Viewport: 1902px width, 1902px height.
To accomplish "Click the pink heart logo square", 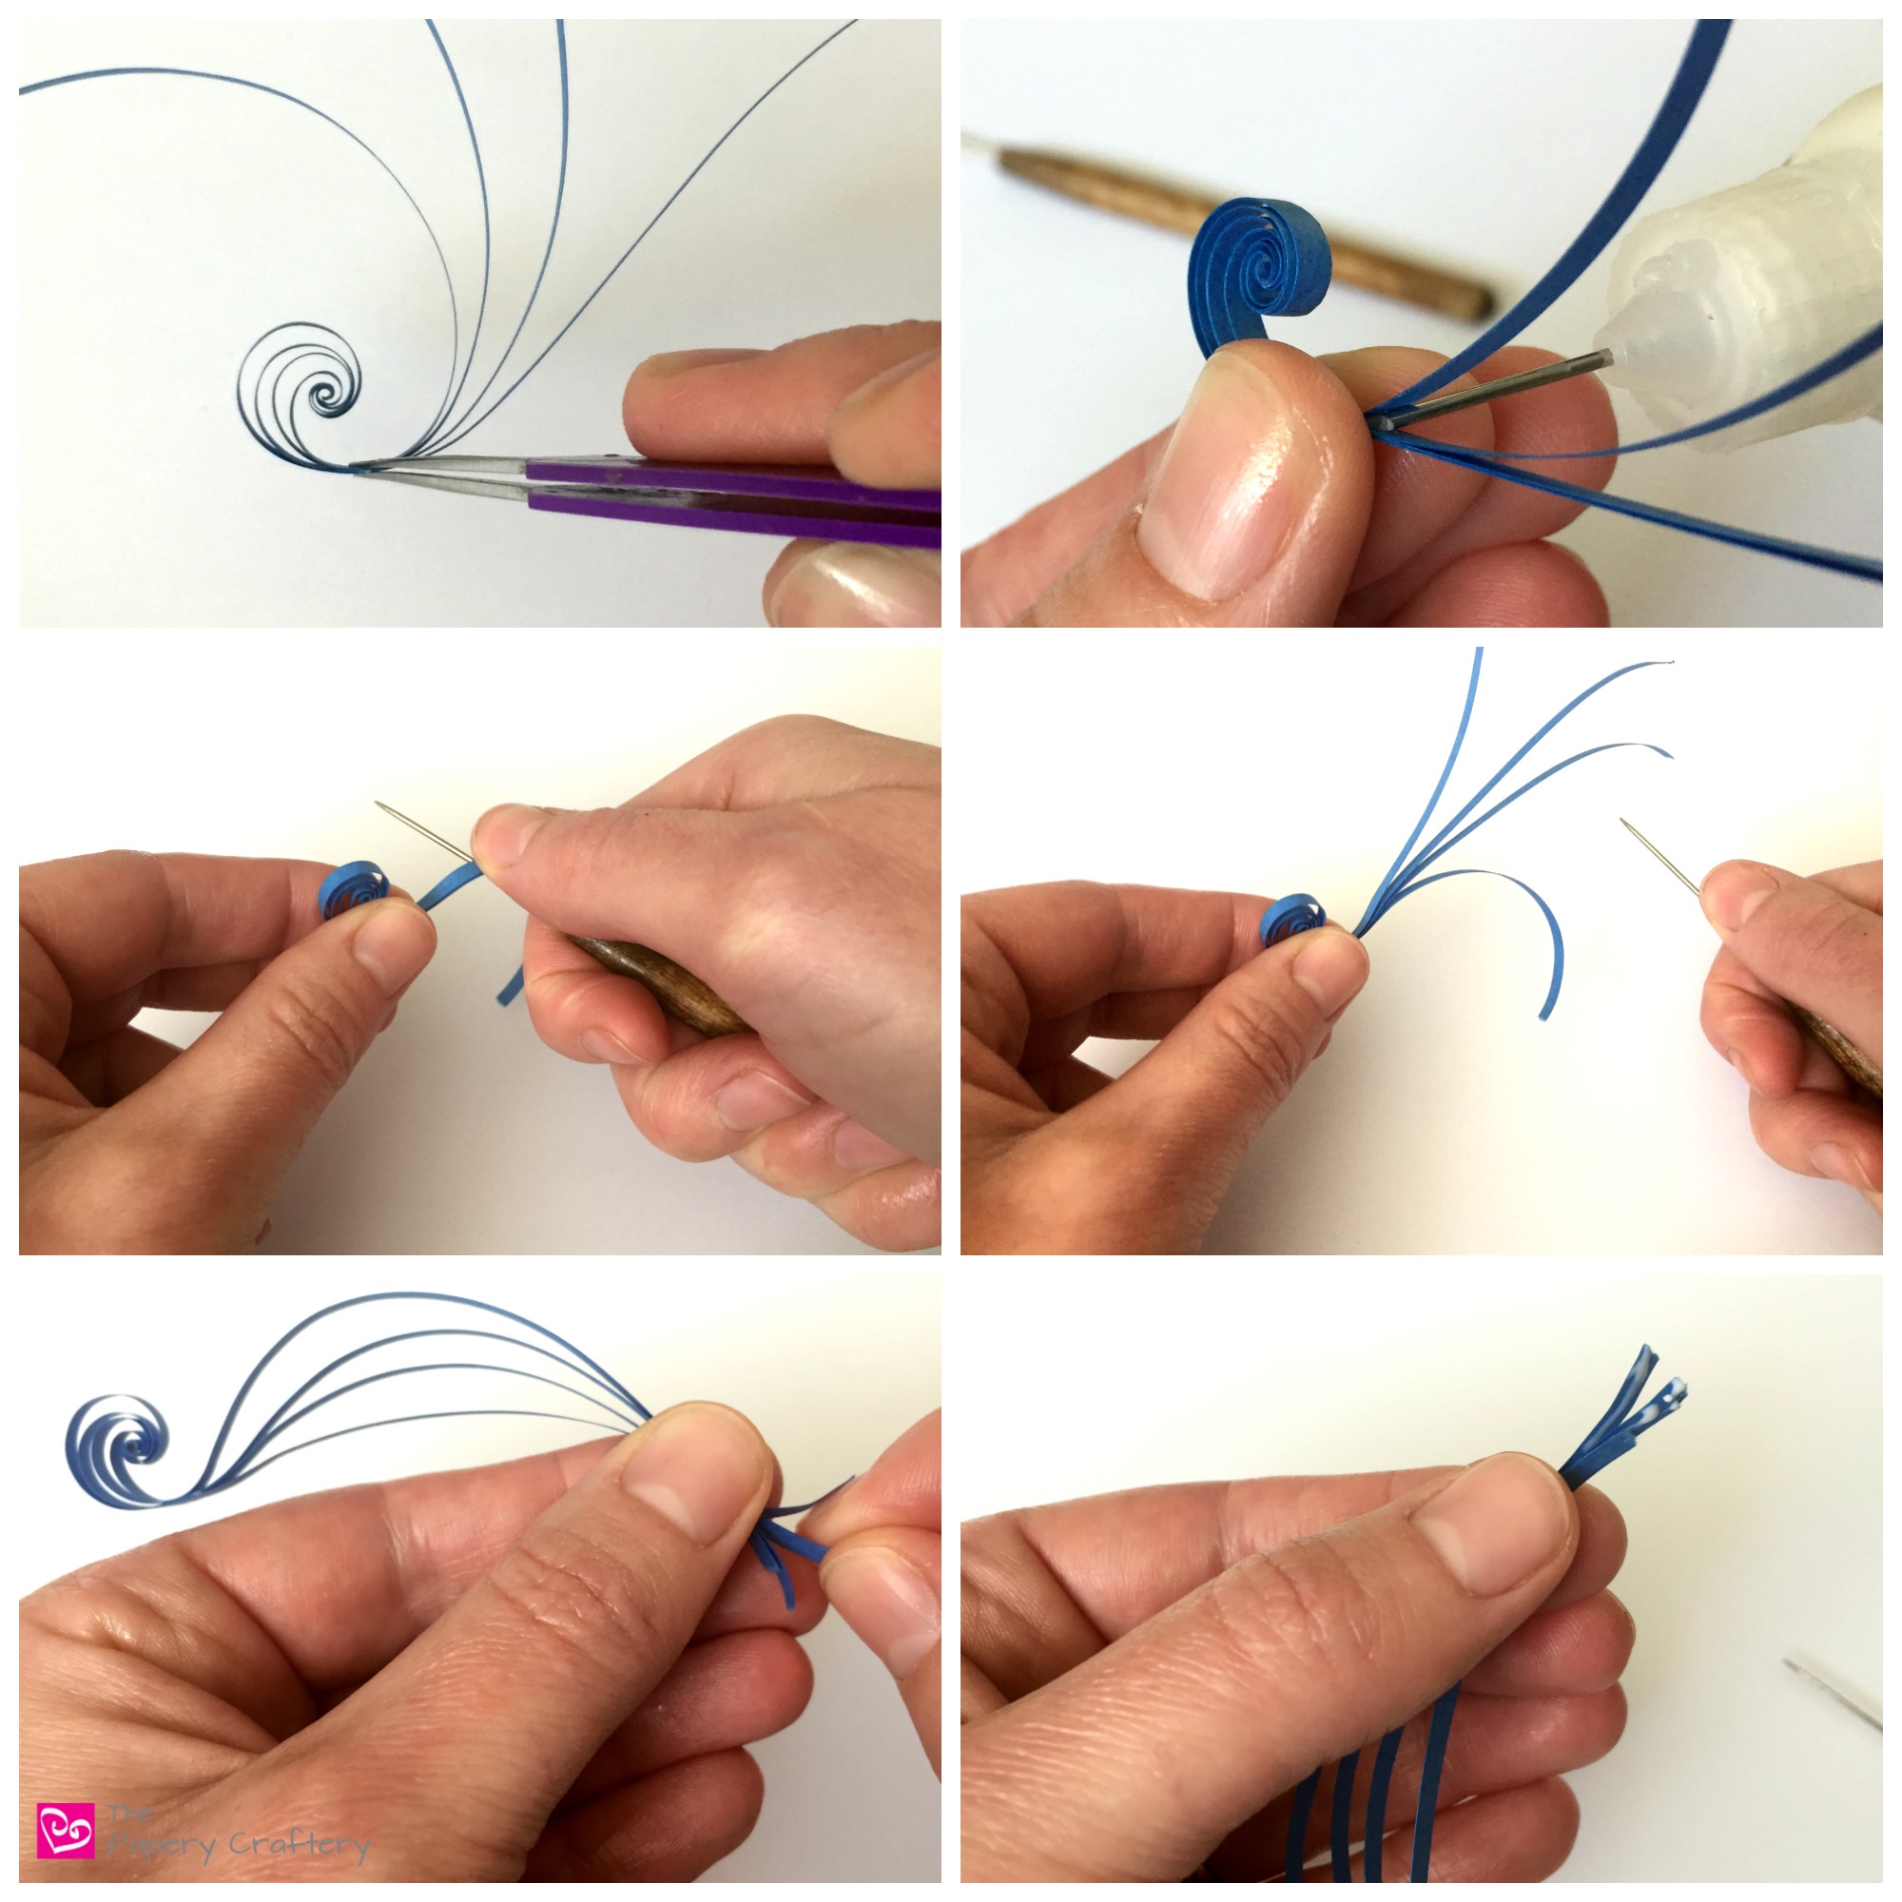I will click(66, 1830).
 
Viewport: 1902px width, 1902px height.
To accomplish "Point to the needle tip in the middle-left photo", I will click(378, 805).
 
